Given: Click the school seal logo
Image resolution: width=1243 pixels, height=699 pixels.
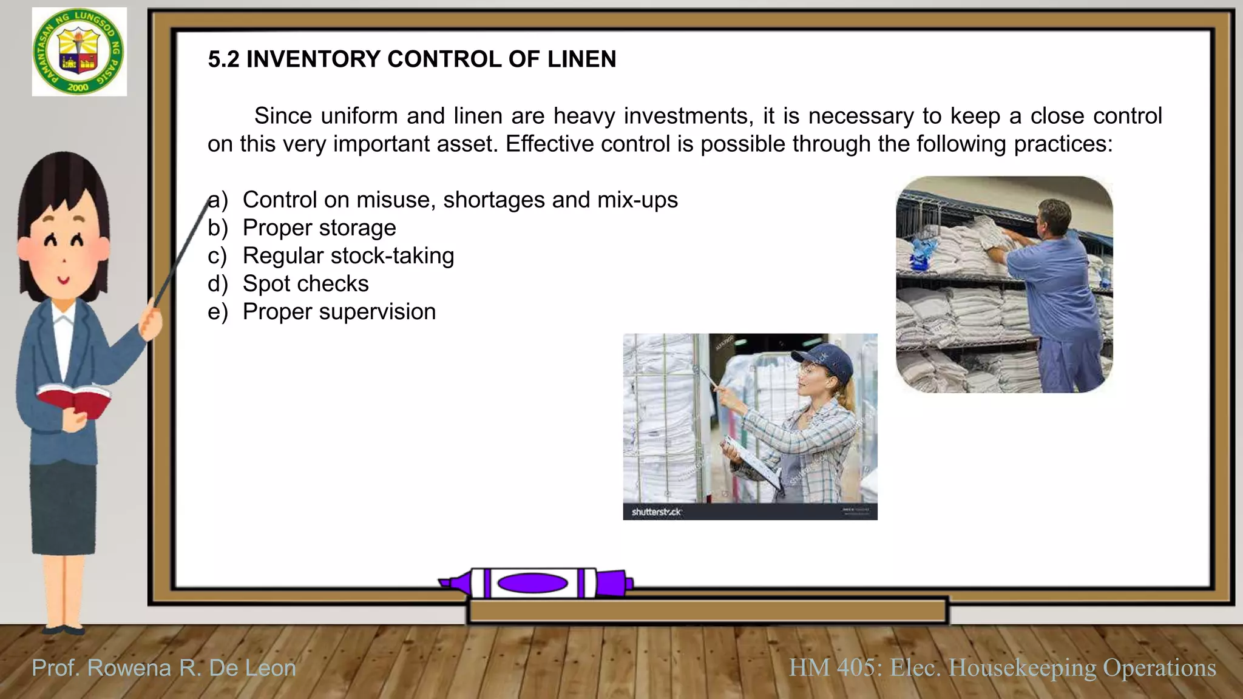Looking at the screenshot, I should [79, 52].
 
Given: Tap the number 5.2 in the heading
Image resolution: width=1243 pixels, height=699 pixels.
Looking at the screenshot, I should [223, 59].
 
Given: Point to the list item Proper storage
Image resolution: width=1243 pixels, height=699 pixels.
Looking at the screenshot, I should [319, 228].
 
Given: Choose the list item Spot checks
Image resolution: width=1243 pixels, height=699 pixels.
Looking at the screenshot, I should [305, 284].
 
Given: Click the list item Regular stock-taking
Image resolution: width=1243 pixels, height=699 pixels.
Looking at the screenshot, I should [348, 256].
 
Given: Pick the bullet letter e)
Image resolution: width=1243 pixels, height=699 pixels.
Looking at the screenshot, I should [217, 312].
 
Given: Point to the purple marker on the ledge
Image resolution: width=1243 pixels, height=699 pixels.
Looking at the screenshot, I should [534, 583].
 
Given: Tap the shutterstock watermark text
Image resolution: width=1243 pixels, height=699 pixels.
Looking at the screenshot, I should [656, 512].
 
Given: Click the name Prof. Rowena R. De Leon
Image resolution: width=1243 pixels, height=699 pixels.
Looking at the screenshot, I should [164, 668].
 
